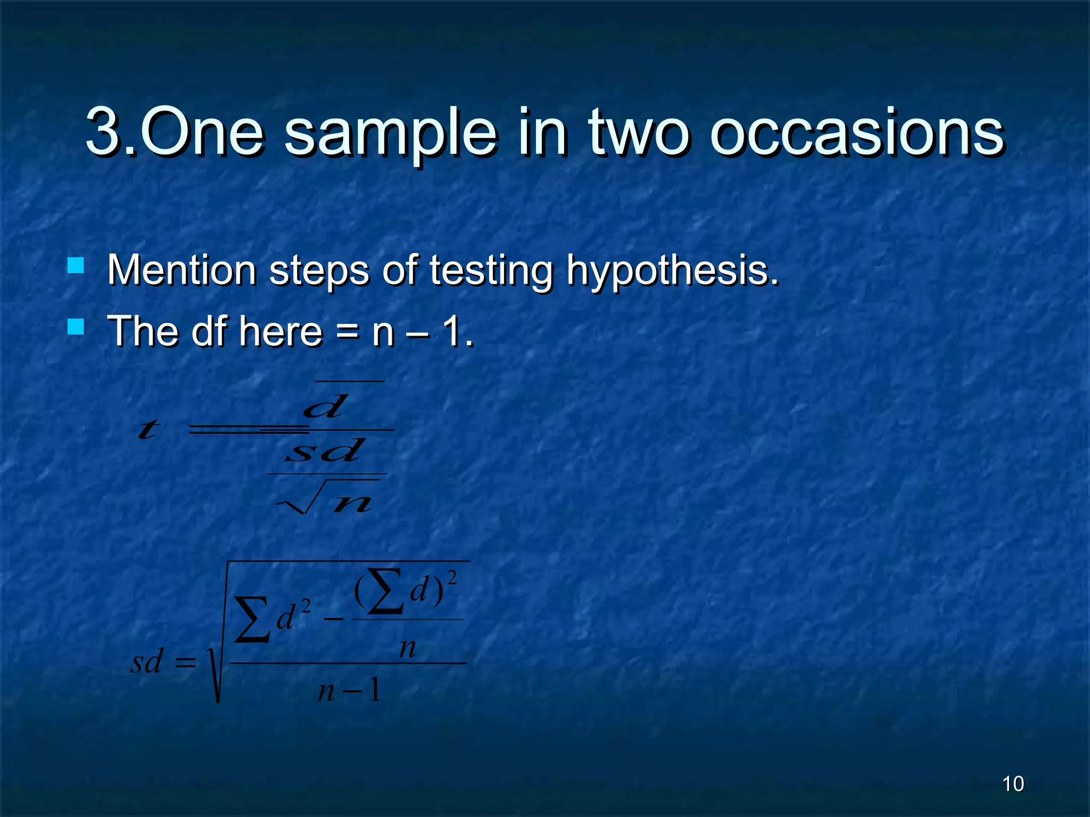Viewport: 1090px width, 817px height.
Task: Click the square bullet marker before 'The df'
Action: [76, 327]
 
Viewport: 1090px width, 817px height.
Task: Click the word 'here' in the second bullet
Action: [281, 331]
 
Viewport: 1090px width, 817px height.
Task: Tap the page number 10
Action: [1012, 784]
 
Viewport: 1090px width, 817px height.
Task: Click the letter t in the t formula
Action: [148, 429]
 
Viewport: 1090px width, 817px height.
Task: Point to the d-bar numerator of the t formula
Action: [325, 407]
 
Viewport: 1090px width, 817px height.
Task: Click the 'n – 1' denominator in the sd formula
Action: [349, 690]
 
